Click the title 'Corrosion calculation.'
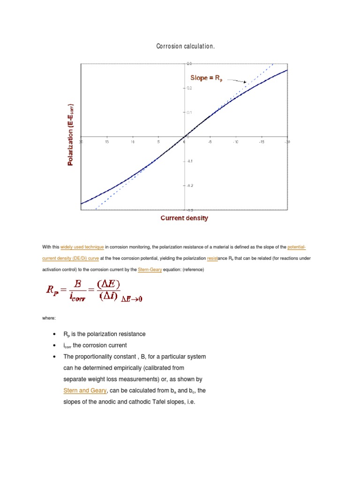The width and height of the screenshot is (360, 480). [185, 46]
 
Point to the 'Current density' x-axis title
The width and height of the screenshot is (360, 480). [184, 218]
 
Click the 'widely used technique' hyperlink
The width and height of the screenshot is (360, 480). [82, 247]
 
